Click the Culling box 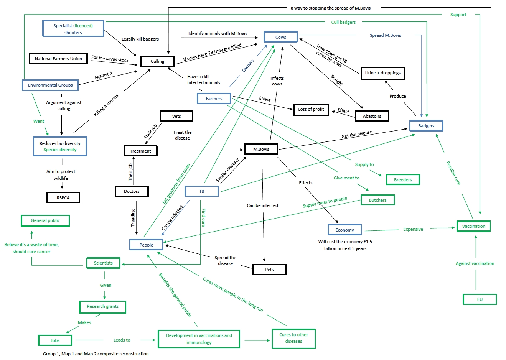[157, 61]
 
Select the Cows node [280, 37]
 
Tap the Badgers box [426, 126]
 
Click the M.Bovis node [261, 149]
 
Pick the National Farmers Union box [58, 59]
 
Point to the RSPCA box [63, 198]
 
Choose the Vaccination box [473, 226]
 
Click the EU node [480, 299]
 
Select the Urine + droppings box [382, 73]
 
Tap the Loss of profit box [311, 109]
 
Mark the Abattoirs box [372, 116]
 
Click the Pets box [269, 270]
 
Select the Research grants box [102, 307]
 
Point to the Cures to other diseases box [293, 338]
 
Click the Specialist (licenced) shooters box [73, 29]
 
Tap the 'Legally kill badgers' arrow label [140, 39]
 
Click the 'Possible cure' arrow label [453, 173]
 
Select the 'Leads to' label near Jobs [122, 340]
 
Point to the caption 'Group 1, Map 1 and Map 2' [96, 354]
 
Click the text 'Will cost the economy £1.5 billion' [345, 245]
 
